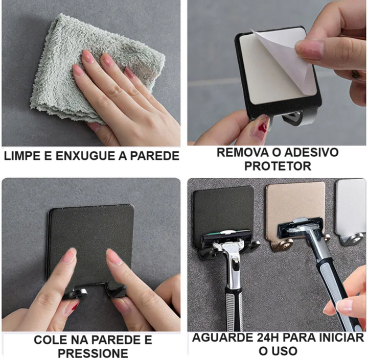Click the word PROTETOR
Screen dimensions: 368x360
tap(278, 166)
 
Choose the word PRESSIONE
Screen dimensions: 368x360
tap(93, 353)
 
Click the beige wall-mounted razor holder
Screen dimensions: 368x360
tap(296, 211)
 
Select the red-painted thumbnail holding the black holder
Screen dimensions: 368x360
tap(262, 123)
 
